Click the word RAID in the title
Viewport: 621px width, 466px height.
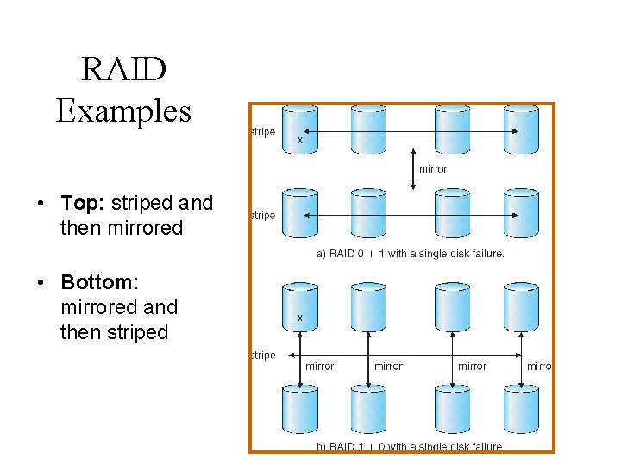[123, 69]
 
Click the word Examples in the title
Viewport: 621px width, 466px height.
[123, 110]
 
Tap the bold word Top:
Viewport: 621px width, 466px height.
[83, 204]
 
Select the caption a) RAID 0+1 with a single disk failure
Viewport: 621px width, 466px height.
[411, 254]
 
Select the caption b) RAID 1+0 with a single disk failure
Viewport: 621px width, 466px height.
[411, 447]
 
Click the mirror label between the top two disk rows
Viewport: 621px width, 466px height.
[433, 169]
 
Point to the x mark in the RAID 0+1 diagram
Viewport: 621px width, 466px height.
[299, 139]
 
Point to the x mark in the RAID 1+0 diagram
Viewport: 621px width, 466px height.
[299, 318]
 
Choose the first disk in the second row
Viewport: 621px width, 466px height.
[300, 212]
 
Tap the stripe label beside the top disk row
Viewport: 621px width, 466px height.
[263, 132]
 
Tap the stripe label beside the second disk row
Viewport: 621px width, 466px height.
[263, 216]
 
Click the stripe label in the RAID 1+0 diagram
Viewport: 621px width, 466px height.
[263, 356]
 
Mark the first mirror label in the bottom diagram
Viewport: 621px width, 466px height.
[320, 367]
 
